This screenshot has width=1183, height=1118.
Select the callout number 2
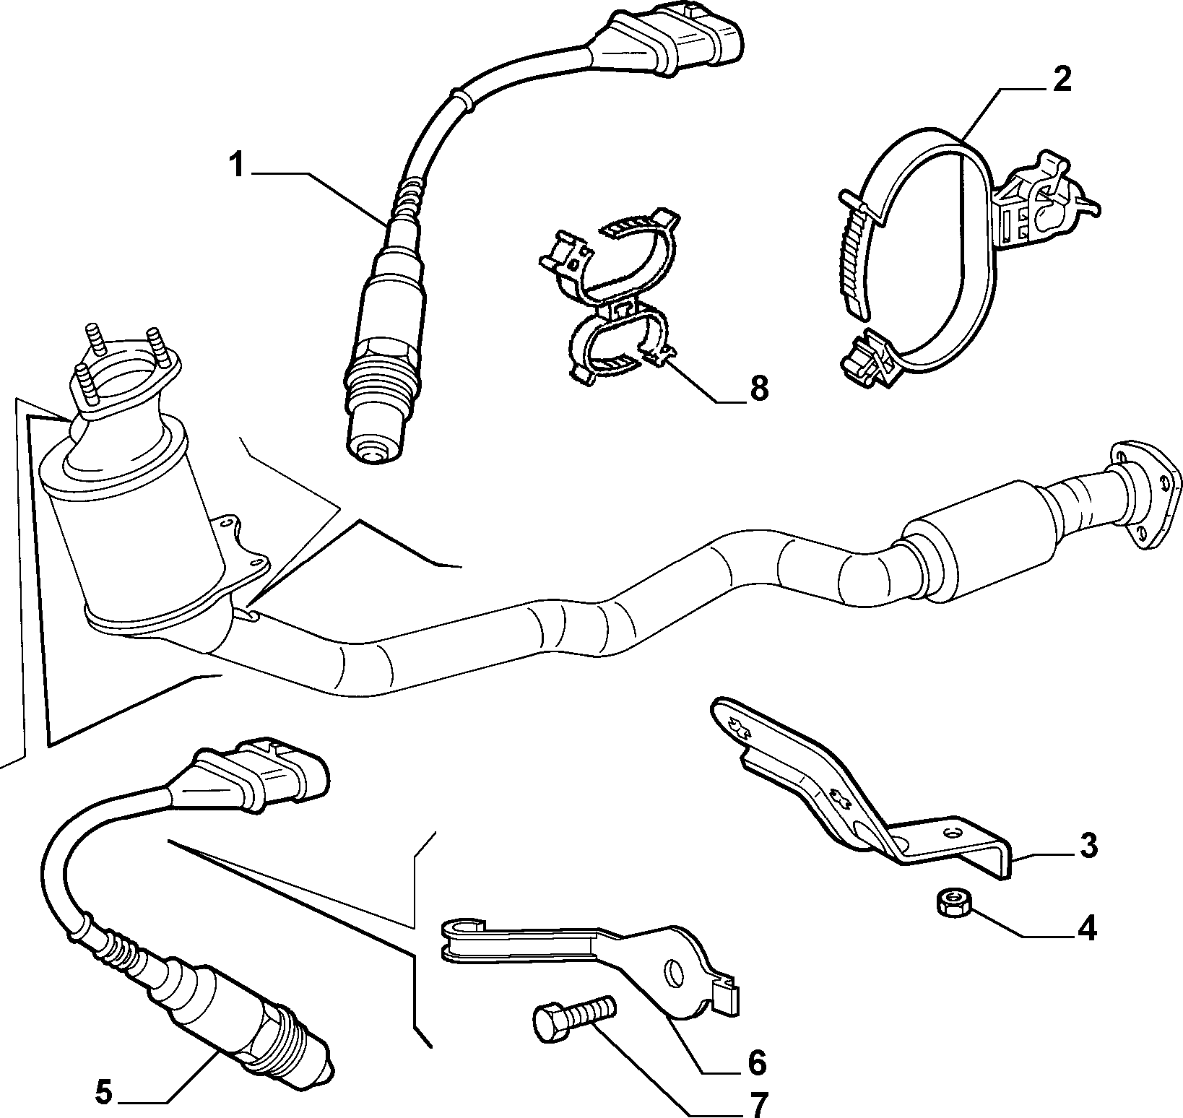pyautogui.click(x=1060, y=81)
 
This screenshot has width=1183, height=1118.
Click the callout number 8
pyautogui.click(x=758, y=389)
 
